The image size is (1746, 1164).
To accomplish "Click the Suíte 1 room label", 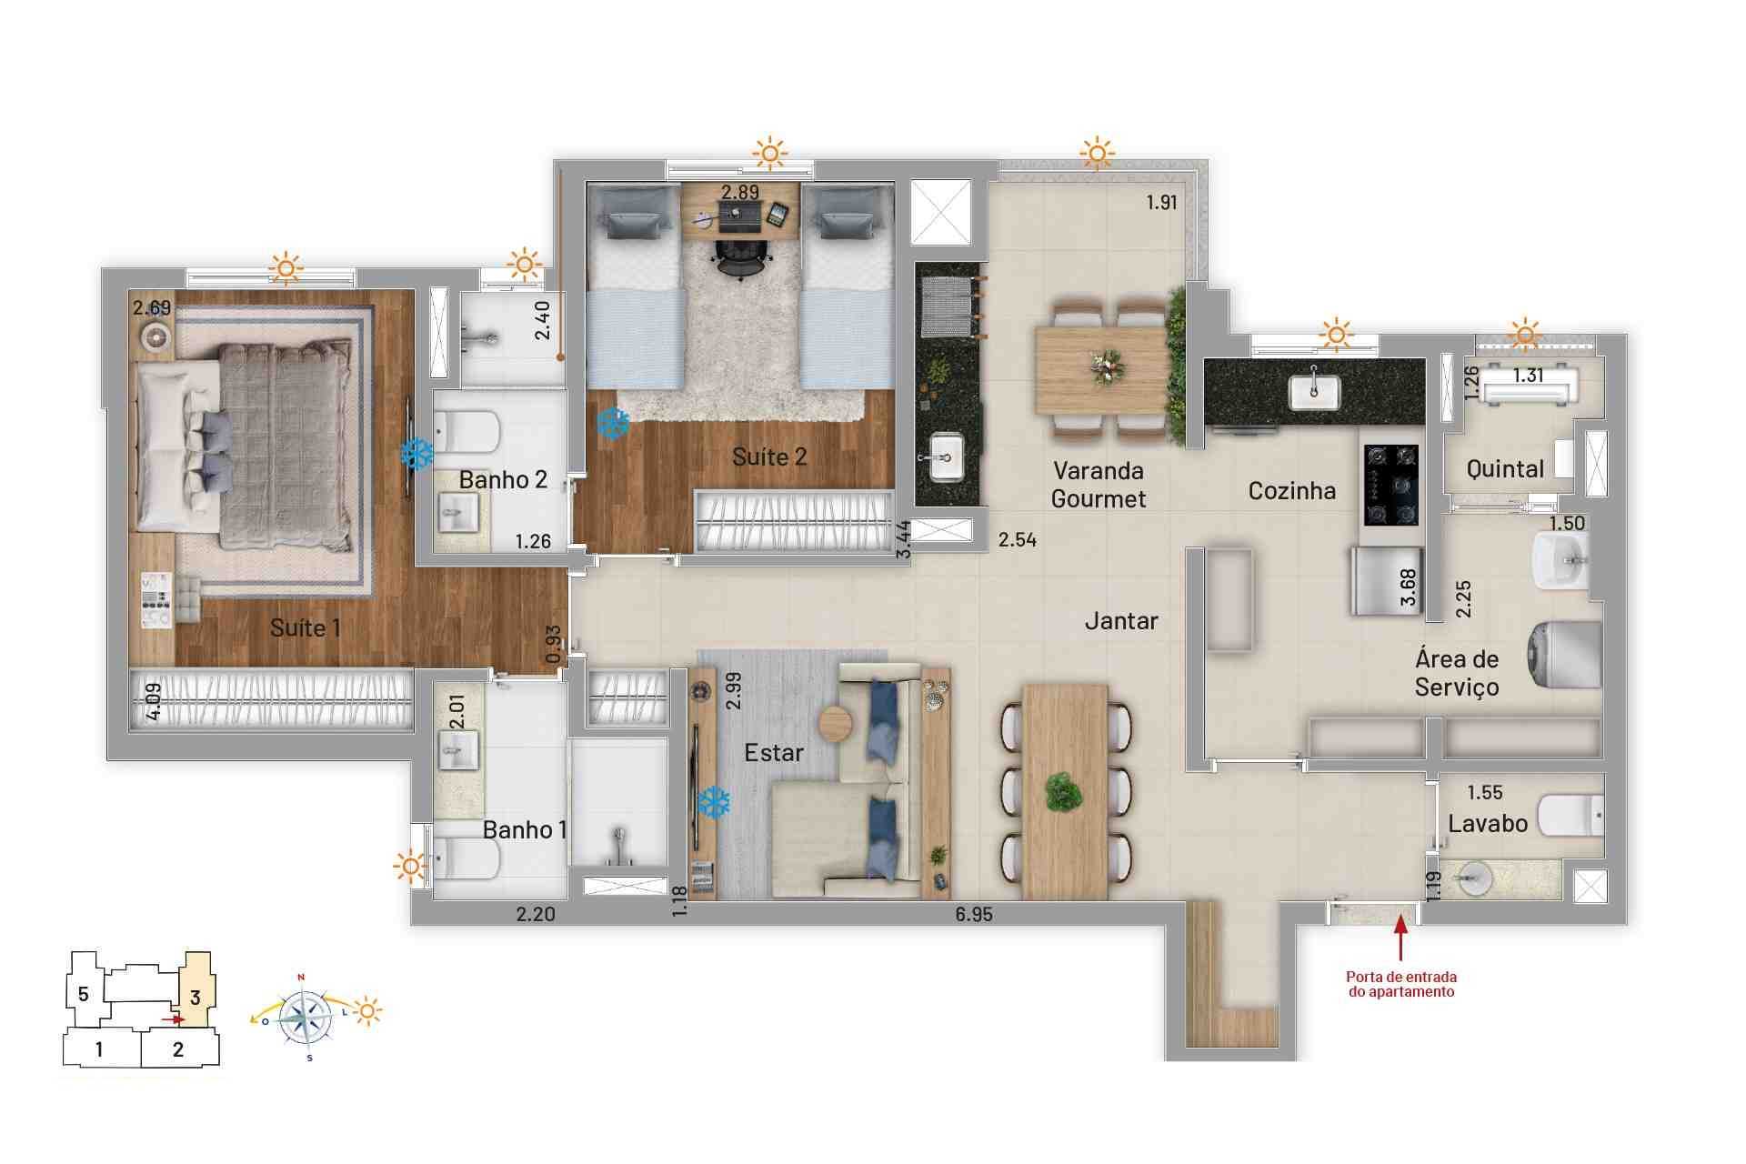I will [x=305, y=627].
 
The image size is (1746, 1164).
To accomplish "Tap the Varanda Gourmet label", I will [x=1099, y=485].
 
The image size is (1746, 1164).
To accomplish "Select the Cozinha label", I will [x=1291, y=491].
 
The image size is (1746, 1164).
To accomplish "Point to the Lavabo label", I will [x=1488, y=824].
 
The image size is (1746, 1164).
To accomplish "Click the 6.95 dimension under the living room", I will [x=974, y=915].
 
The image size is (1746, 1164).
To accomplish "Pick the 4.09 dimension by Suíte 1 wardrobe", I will [x=154, y=701].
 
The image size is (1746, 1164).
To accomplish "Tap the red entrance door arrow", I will [x=1400, y=937].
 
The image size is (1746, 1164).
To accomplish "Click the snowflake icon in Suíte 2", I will [x=613, y=423].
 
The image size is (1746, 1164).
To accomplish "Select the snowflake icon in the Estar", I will [x=714, y=801].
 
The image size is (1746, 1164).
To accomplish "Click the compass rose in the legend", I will [x=305, y=1016].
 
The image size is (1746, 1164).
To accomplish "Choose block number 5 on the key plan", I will [x=83, y=994].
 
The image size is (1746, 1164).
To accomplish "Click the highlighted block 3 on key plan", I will [x=196, y=998].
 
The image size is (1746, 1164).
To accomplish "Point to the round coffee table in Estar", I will [x=835, y=725].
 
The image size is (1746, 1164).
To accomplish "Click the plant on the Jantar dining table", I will [x=1063, y=791].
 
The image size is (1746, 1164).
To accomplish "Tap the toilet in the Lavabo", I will [x=1570, y=815].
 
